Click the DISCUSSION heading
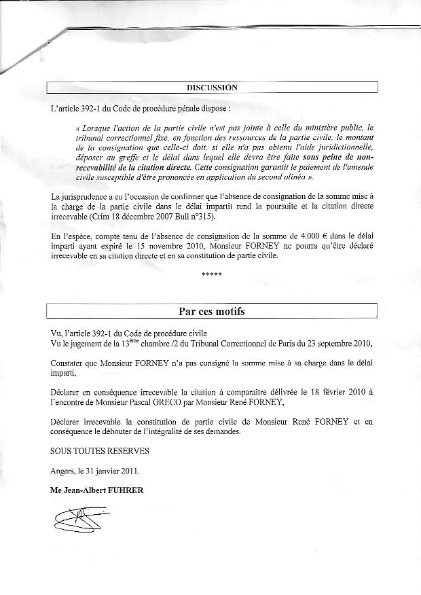212,87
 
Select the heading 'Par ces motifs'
212,312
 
